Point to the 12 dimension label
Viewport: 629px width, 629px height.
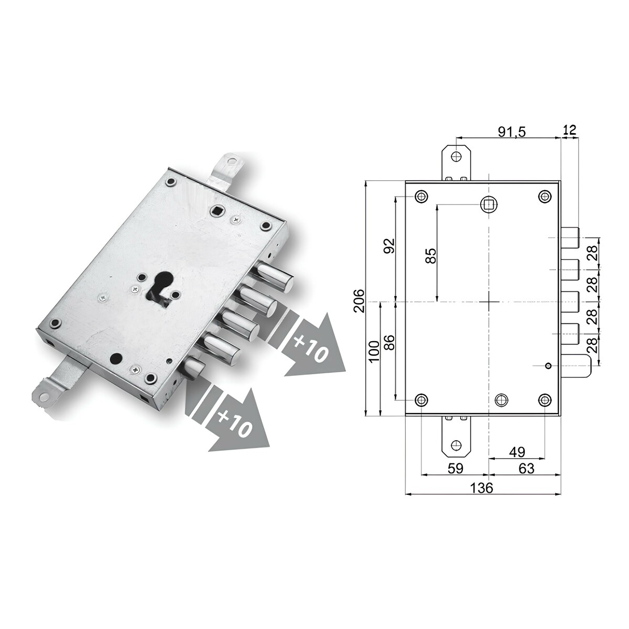[570, 129]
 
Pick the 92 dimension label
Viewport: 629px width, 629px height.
[389, 245]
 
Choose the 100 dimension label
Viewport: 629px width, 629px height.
[374, 351]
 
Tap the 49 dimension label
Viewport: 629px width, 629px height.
[517, 452]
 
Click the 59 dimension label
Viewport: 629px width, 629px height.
[456, 469]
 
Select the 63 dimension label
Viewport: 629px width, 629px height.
[526, 469]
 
